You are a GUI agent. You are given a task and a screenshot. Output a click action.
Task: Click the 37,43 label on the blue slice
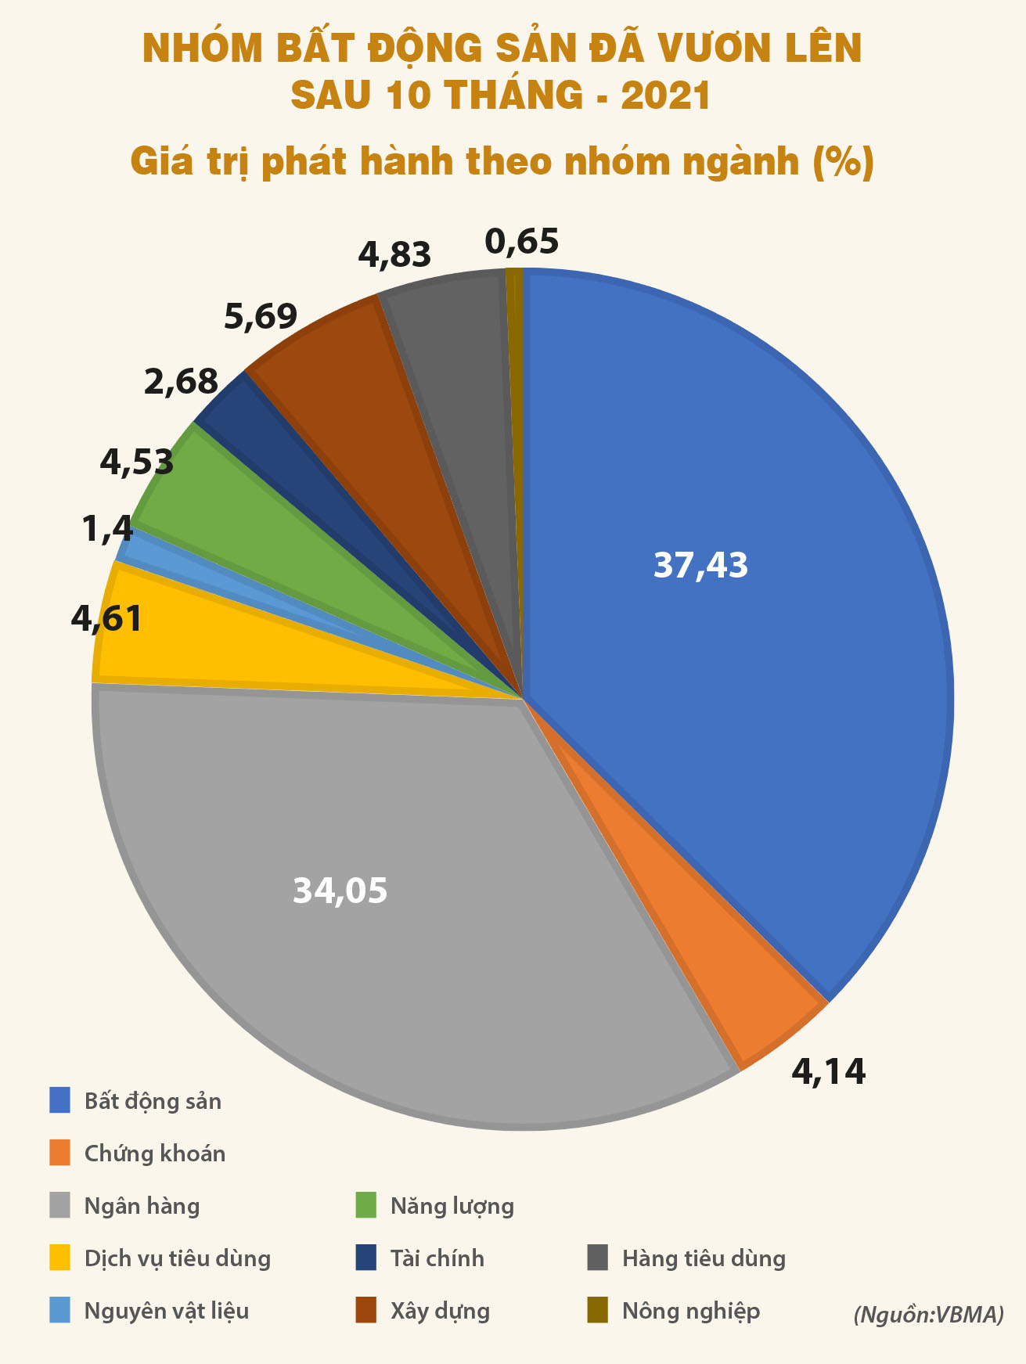[700, 565]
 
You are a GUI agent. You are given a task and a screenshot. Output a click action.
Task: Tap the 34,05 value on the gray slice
[340, 891]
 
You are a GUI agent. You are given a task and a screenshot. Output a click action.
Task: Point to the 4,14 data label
[829, 1071]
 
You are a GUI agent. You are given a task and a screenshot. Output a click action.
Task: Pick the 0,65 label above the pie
[522, 242]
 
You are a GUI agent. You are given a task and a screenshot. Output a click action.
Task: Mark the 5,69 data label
[261, 317]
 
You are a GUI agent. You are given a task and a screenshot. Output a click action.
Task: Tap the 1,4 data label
[107, 530]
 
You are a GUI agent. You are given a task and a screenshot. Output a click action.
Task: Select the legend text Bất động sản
[153, 1101]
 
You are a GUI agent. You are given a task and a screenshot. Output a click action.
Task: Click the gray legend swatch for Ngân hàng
[59, 1206]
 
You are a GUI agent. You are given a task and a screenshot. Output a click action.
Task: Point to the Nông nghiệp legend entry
[690, 1311]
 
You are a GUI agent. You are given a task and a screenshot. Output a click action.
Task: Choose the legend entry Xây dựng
[440, 1311]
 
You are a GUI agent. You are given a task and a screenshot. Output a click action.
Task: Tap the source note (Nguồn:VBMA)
[928, 1314]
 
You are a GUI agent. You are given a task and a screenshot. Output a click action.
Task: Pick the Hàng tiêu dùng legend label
[704, 1258]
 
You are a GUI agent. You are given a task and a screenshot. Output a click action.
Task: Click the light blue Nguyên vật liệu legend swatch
[59, 1311]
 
